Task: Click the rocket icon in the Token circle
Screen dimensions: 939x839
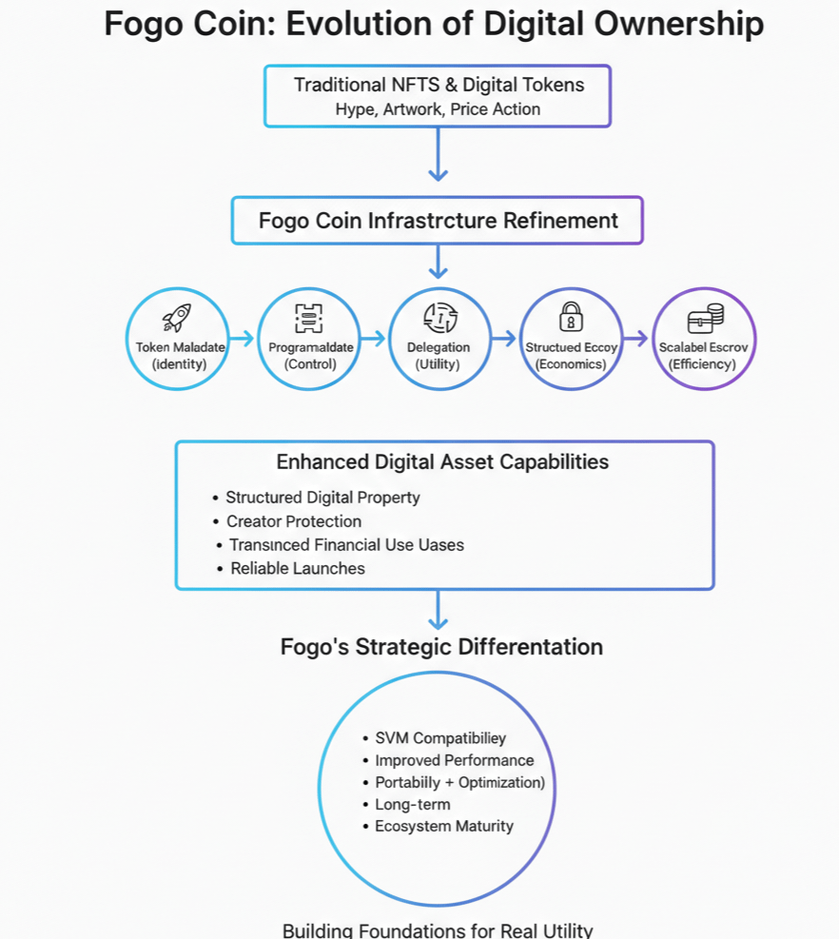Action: [178, 317]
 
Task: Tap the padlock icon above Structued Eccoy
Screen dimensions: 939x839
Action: [571, 316]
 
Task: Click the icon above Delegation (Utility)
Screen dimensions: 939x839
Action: [439, 317]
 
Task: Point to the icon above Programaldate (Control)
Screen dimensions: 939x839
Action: [308, 317]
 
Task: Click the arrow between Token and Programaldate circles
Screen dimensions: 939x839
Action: [243, 339]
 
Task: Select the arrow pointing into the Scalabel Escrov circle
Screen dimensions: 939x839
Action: [636, 339]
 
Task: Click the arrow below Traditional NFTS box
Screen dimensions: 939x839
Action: [438, 154]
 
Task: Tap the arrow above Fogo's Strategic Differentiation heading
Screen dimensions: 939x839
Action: [438, 610]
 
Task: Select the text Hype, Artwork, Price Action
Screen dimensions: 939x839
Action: [438, 109]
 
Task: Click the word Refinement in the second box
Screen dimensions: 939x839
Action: [559, 221]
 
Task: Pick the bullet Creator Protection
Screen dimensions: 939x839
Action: [293, 521]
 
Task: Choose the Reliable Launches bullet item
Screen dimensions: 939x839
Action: [297, 569]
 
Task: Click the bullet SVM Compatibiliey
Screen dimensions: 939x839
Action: [439, 738]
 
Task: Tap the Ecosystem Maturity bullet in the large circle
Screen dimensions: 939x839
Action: [443, 826]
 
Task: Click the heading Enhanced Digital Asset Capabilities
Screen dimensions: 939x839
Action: [442, 462]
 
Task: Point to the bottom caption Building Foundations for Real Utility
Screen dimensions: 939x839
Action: [438, 930]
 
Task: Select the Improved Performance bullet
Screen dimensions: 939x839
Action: [454, 760]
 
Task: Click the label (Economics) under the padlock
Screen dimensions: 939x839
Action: [571, 364]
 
